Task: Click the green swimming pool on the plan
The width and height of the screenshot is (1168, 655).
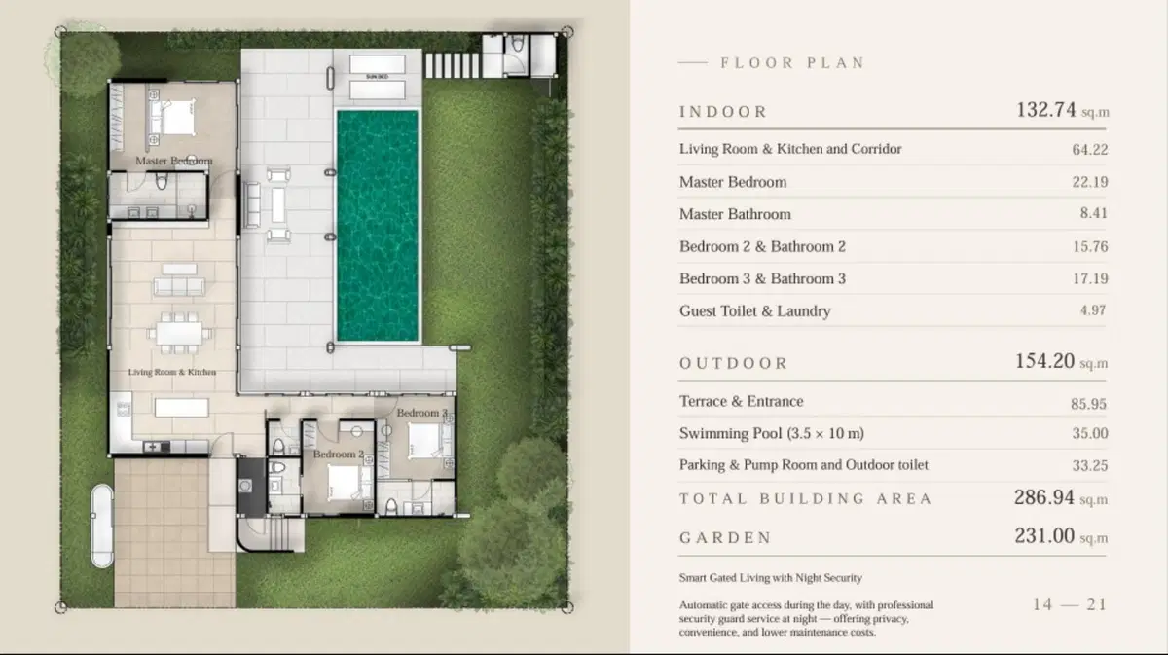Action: (378, 225)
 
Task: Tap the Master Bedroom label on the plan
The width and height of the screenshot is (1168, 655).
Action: (174, 161)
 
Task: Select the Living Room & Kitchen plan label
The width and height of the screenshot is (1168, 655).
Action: (172, 372)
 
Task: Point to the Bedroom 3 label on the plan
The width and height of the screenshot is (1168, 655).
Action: (422, 413)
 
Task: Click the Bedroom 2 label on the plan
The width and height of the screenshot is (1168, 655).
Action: (339, 455)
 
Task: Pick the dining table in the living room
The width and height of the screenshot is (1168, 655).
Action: (179, 333)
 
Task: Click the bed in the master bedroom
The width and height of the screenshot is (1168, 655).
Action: (178, 118)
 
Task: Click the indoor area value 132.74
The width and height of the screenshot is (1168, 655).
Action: (1046, 110)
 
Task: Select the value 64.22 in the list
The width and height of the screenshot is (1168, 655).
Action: (1090, 150)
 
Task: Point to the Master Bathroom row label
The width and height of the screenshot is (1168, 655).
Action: (735, 214)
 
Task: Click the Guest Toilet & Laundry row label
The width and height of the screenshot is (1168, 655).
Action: (755, 311)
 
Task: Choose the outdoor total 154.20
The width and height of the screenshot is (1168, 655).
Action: (1045, 361)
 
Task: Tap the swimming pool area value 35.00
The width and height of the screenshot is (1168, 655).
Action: (1090, 433)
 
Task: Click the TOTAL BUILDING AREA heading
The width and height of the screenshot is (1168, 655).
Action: (806, 499)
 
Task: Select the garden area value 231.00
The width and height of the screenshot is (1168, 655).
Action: (1044, 535)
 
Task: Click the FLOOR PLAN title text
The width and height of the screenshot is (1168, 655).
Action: (793, 63)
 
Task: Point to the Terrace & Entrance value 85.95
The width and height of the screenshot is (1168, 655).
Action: (1089, 404)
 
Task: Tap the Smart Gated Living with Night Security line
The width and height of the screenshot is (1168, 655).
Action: (771, 578)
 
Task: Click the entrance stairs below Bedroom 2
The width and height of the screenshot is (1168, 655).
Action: (278, 533)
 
